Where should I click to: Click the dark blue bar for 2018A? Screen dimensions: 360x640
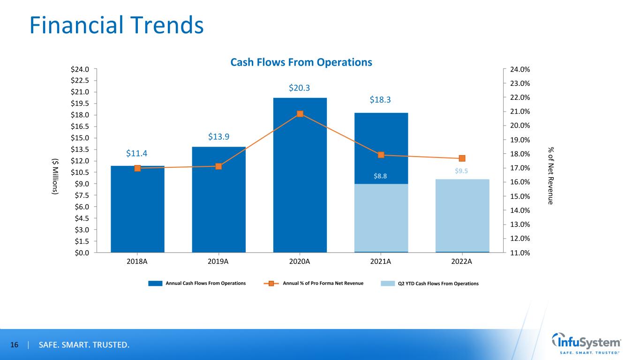click(137, 209)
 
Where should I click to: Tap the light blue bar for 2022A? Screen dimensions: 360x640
click(462, 216)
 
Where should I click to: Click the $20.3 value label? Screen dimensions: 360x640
click(300, 88)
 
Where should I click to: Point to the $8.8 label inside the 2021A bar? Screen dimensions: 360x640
click(381, 176)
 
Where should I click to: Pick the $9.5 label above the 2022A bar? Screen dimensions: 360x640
click(462, 171)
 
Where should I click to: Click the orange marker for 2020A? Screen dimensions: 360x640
click(300, 113)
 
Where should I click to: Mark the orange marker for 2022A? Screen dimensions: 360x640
click(462, 158)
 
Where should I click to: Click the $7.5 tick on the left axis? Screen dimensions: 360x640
click(82, 195)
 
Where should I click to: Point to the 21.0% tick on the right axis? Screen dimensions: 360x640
click(520, 112)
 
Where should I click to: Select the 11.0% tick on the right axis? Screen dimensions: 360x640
click(520, 253)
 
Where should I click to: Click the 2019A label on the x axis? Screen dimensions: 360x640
click(218, 262)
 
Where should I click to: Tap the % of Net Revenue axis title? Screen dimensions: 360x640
click(551, 175)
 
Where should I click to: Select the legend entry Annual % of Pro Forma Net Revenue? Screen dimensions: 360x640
click(323, 283)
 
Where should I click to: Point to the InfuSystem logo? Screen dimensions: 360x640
click(587, 344)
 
